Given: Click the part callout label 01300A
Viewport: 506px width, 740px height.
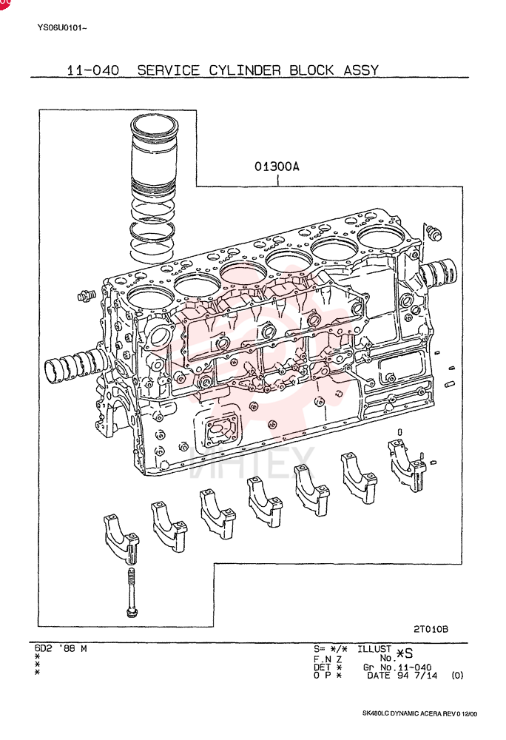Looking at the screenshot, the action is click(277, 166).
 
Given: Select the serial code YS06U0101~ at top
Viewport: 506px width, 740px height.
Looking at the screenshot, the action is click(62, 28).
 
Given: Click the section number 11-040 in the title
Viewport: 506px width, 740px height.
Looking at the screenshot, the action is click(93, 70).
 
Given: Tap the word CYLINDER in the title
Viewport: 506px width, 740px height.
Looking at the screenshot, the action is click(245, 70).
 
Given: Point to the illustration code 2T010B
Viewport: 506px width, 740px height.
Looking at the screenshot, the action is click(431, 629).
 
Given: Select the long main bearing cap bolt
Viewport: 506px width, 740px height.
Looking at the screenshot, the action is click(132, 592).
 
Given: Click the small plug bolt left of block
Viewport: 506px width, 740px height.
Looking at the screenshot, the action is click(86, 295).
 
